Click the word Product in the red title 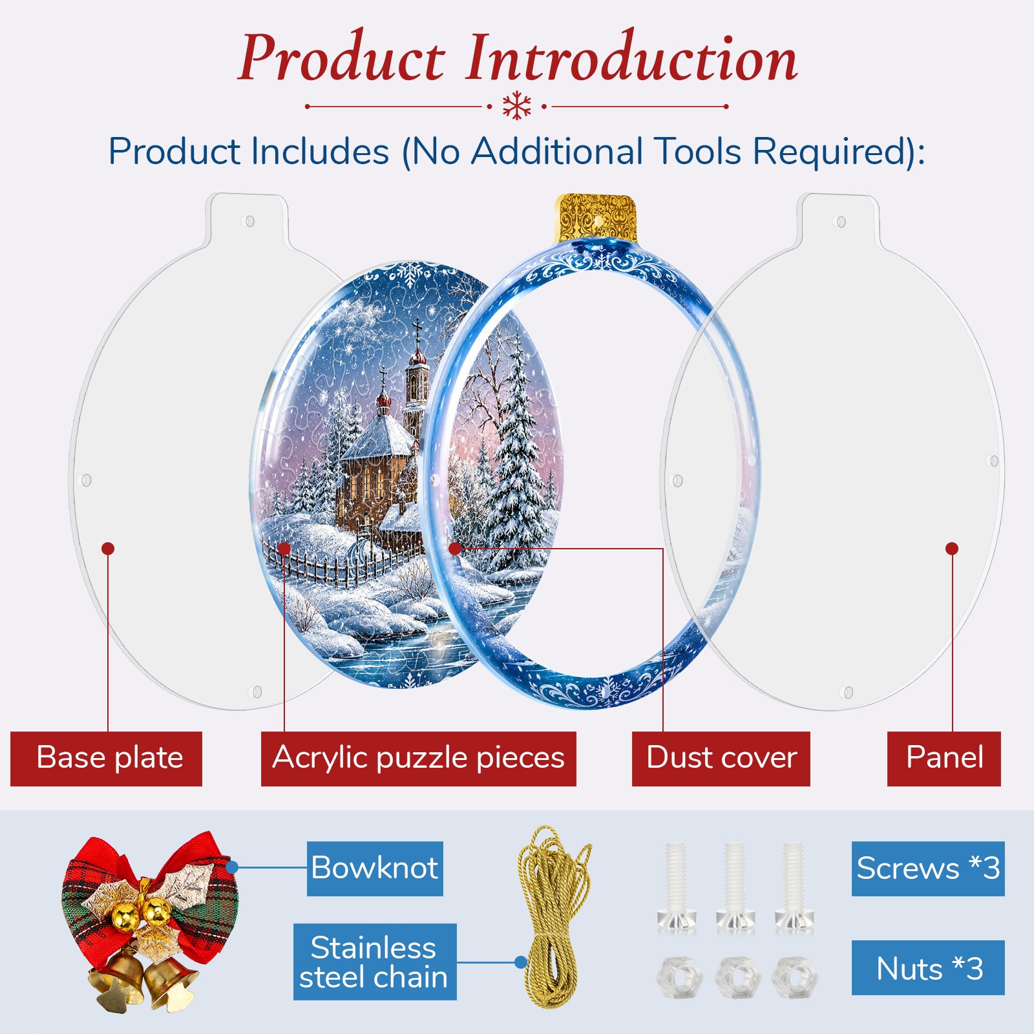click(342, 59)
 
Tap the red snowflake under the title click(517, 106)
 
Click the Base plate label click(106, 759)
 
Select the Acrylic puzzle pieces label click(418, 759)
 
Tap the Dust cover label click(721, 759)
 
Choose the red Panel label click(944, 759)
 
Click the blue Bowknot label click(375, 869)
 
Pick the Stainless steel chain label click(375, 962)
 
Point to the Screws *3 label click(928, 869)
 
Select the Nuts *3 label click(928, 967)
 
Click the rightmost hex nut click(794, 977)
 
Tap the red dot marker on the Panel click(952, 549)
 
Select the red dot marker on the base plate click(108, 549)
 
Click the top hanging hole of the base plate click(249, 222)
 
